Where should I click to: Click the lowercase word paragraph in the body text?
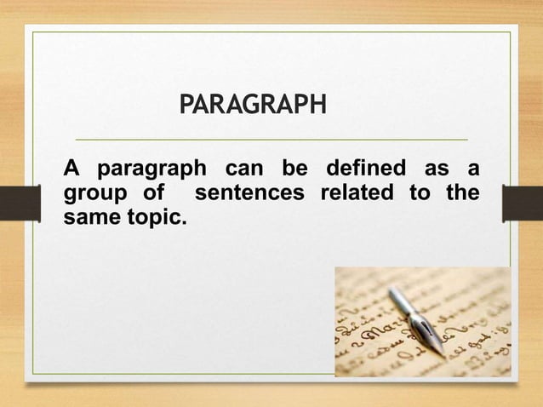(x=151, y=169)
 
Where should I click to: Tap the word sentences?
(x=249, y=192)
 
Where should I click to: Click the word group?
(x=89, y=194)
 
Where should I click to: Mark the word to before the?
(x=419, y=192)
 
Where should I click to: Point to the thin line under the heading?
(x=271, y=139)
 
